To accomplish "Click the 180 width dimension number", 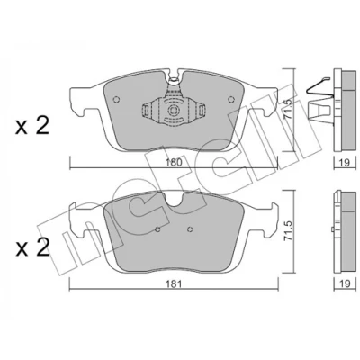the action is pos(174,163).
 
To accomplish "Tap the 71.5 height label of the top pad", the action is pos(288,110).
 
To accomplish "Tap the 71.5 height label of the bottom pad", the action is pos(288,231).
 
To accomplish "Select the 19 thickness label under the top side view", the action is pos(345,163).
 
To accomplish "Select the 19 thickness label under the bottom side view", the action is pos(345,283).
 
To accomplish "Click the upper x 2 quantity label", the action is pos(32,126).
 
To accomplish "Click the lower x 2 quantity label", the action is pos(32,247).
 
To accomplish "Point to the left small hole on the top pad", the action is pos(116,100).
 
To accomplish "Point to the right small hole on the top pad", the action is pos(231,100).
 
